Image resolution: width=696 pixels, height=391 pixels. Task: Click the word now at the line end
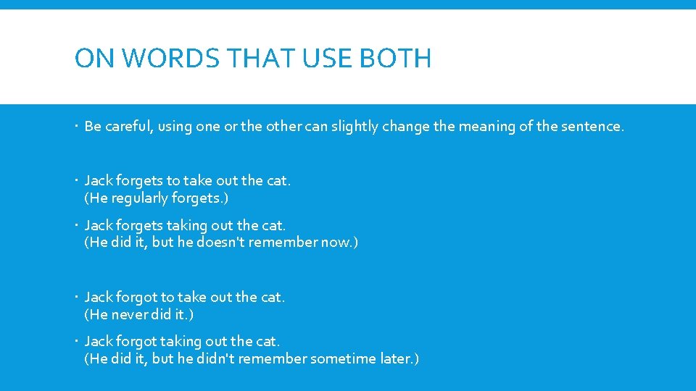pos(333,243)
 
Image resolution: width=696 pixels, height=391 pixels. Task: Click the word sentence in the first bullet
pos(591,126)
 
